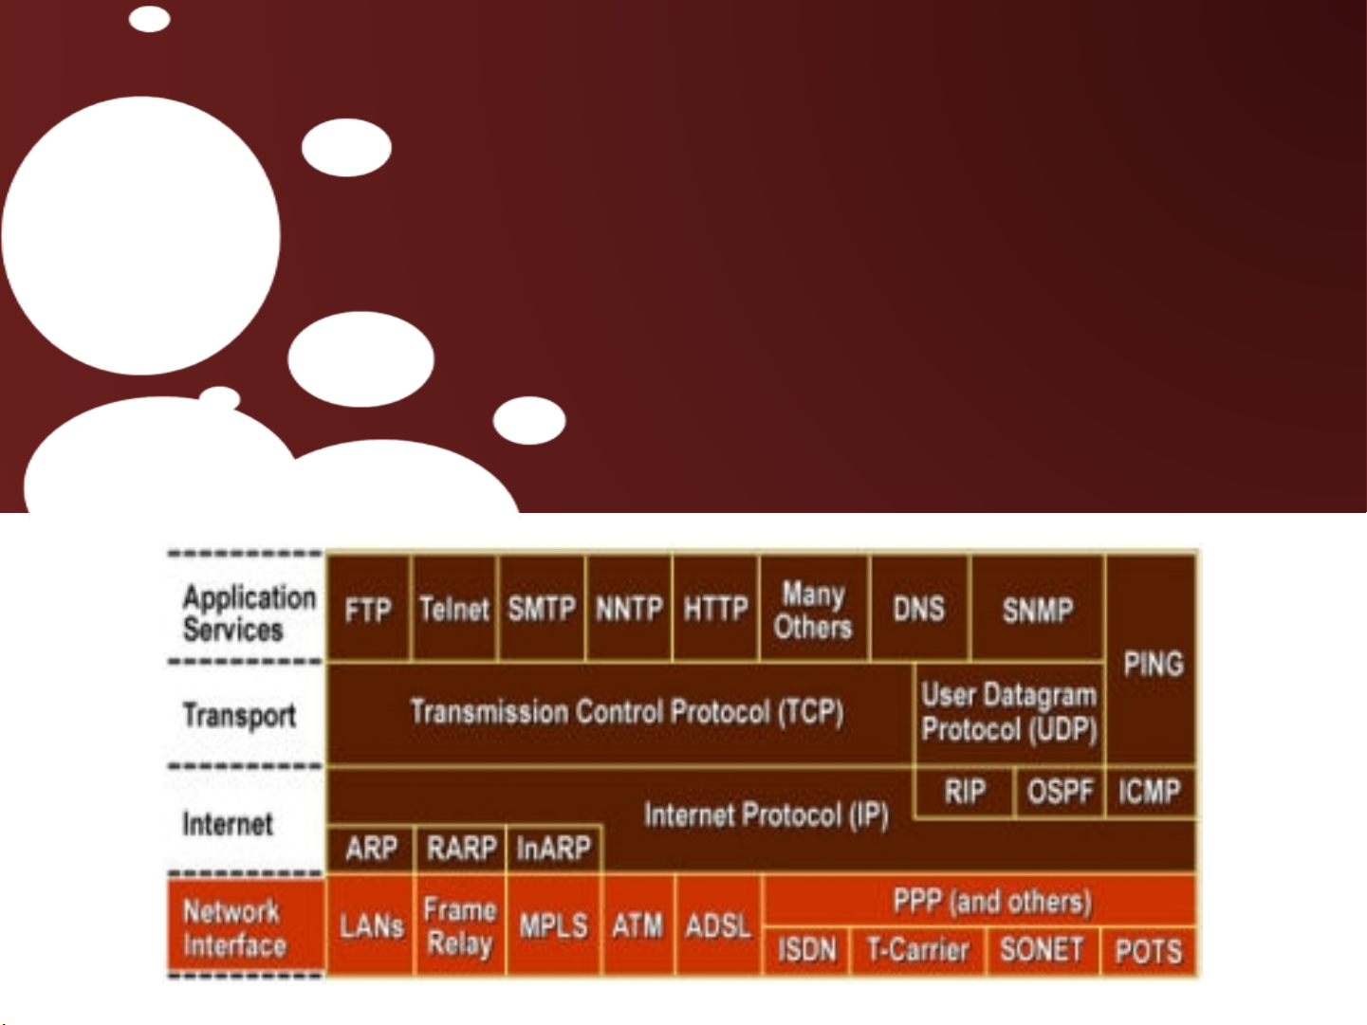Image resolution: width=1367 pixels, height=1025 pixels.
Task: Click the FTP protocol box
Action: point(368,608)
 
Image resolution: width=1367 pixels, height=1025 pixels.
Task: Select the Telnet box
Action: point(454,608)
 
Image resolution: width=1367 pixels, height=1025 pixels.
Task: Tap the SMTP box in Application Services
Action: point(542,608)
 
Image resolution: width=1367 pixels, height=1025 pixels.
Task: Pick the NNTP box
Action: point(629,608)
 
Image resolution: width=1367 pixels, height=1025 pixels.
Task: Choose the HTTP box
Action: point(715,608)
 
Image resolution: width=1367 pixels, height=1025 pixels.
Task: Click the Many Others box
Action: point(813,608)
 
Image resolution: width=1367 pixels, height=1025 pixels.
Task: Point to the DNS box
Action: point(919,608)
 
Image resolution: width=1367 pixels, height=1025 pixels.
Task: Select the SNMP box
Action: point(1038,608)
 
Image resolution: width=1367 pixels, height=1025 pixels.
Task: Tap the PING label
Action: point(1154,664)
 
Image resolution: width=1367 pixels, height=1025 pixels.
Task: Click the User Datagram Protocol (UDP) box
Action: point(1009,713)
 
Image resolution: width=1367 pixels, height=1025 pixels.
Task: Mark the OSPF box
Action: point(1060,792)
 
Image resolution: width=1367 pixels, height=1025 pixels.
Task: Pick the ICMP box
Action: point(1151,792)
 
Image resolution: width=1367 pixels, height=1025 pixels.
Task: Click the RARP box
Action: point(461,849)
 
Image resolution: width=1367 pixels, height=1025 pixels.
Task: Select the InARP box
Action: point(554,849)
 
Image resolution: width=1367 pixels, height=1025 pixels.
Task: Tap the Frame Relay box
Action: point(460,925)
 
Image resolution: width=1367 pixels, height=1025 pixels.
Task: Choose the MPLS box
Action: point(554,925)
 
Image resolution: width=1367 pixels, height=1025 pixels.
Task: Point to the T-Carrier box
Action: point(918,950)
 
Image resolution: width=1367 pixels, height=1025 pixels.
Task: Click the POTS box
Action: point(1149,950)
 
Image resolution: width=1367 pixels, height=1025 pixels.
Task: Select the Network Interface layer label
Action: point(234,928)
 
